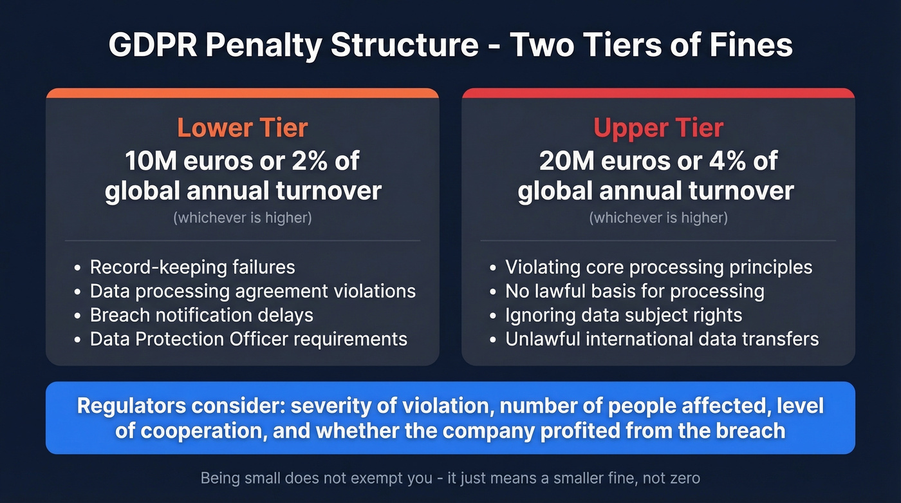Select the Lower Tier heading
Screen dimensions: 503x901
pyautogui.click(x=243, y=128)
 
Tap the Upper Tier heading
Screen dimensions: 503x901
pyautogui.click(x=658, y=128)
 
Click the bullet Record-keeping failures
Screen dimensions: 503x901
pyautogui.click(x=192, y=267)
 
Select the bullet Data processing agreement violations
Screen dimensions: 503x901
pyautogui.click(x=252, y=291)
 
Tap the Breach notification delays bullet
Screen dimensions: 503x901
pyautogui.click(x=201, y=315)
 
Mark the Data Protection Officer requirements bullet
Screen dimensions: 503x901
pyautogui.click(x=248, y=339)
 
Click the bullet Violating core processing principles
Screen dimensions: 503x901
pyautogui.click(x=658, y=267)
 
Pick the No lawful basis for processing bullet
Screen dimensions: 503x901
pyautogui.click(x=635, y=291)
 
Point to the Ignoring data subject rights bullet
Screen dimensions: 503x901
pyautogui.click(x=624, y=315)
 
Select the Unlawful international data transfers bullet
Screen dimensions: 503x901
pyautogui.click(x=662, y=339)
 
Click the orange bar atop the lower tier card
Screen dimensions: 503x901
pyautogui.click(x=243, y=93)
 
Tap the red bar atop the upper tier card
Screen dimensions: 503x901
pyautogui.click(x=658, y=93)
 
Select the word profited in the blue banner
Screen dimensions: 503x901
pyautogui.click(x=579, y=430)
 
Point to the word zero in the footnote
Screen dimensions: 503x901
pyautogui.click(x=683, y=478)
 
